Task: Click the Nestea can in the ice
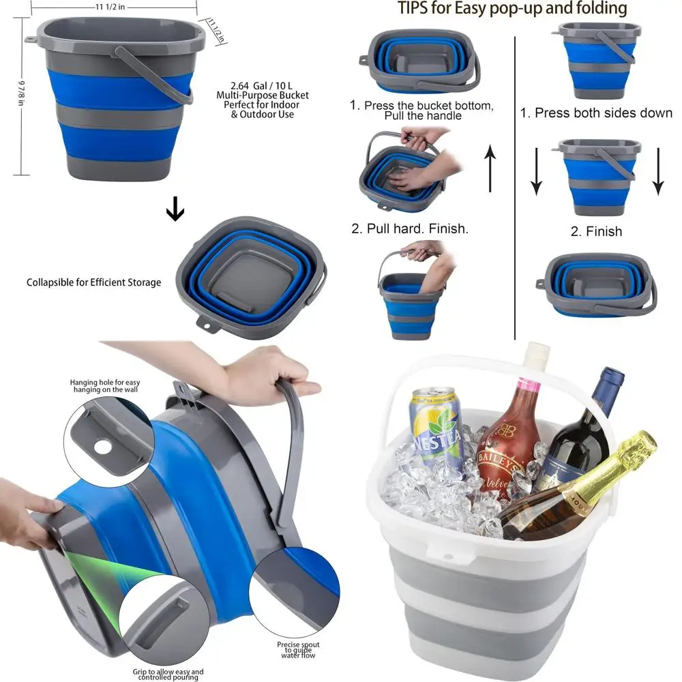click(436, 426)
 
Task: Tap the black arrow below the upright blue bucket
click(175, 211)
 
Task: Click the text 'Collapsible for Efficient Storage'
click(94, 282)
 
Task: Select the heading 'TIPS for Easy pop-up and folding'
click(512, 9)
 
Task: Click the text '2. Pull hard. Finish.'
click(410, 229)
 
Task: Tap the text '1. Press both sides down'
click(596, 113)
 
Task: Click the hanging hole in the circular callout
click(103, 447)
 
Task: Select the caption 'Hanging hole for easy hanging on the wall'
click(104, 387)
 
